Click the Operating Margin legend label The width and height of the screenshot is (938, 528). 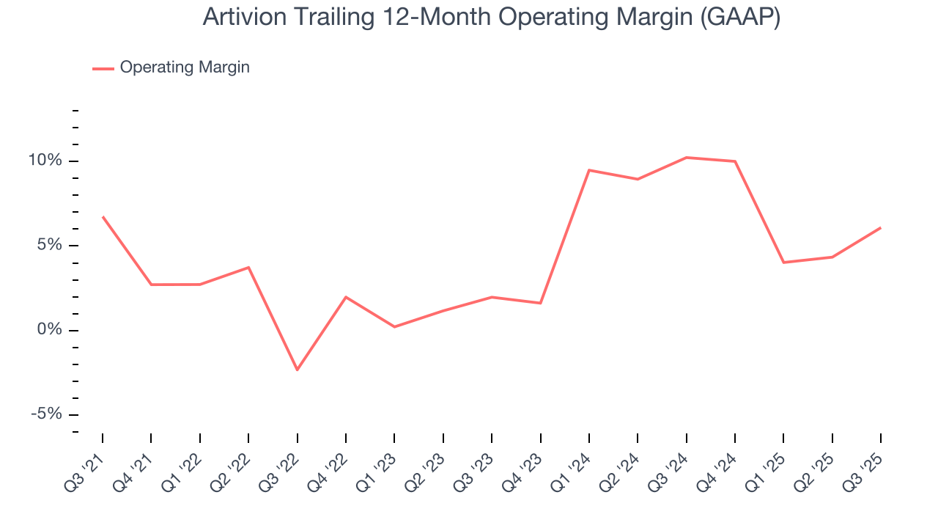coord(185,67)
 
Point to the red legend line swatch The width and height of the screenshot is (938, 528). coord(103,68)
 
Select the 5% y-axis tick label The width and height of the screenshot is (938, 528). coord(52,245)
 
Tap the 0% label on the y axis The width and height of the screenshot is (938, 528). coord(52,330)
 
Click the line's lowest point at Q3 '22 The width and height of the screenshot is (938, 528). coord(297,370)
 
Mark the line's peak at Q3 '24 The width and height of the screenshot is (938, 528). coord(686,158)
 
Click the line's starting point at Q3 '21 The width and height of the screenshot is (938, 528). coord(103,216)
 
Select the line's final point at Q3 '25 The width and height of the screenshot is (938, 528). coord(880,227)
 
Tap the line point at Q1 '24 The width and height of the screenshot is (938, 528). coord(588,170)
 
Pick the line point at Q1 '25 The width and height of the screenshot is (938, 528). coord(783,263)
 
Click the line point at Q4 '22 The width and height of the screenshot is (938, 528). coord(346,297)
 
